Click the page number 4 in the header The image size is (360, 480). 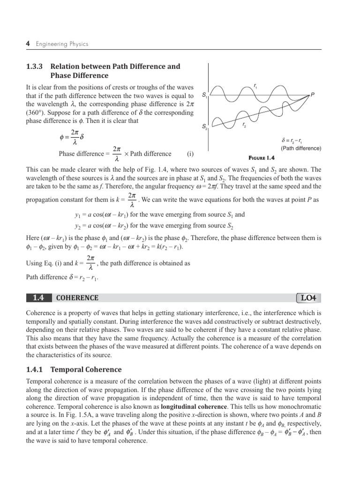point(28,44)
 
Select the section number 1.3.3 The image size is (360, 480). point(36,66)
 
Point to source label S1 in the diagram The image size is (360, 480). point(205,95)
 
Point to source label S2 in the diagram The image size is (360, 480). point(205,127)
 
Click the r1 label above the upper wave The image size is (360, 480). point(255,85)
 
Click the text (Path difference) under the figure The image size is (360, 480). point(301,148)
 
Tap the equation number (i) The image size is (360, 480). point(190,154)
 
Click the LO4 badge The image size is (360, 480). point(309,298)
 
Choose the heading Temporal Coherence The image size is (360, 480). point(86,369)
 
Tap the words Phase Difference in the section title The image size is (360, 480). point(79,75)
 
